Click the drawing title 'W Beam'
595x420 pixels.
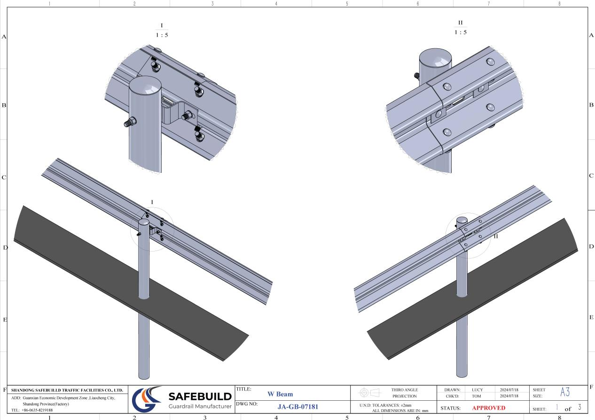[280, 394]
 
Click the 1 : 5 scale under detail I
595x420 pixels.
[162, 35]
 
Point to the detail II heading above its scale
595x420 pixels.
[460, 22]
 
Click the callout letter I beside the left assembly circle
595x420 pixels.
[152, 202]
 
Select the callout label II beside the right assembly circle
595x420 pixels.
[495, 237]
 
